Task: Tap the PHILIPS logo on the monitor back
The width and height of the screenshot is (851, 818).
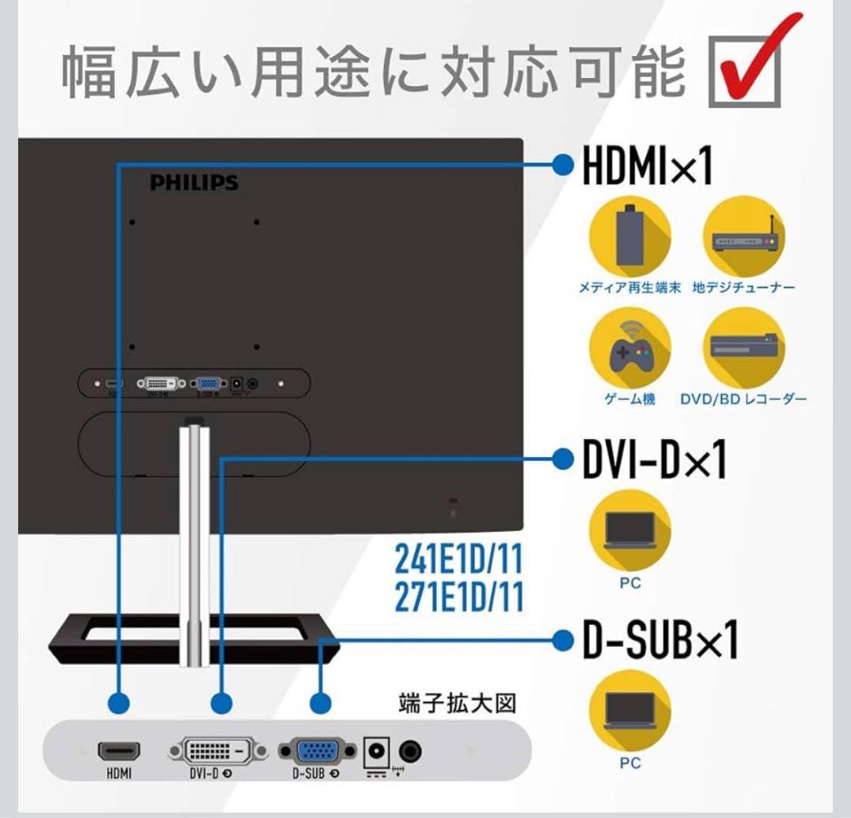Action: point(194,183)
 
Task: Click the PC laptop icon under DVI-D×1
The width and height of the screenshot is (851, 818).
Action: point(630,530)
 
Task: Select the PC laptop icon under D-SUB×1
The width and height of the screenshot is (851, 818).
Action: point(630,709)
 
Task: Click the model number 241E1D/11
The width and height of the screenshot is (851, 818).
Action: point(459,562)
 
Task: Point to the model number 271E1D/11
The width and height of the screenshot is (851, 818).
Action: point(459,597)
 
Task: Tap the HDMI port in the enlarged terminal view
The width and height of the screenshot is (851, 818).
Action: point(119,751)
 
